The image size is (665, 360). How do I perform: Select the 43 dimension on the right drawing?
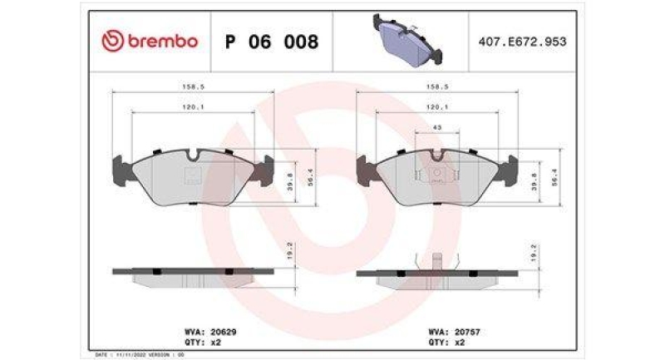click(x=438, y=127)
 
